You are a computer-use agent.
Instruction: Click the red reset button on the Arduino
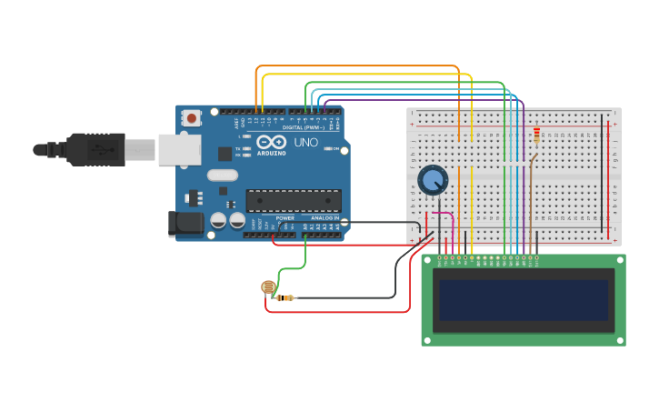point(192,117)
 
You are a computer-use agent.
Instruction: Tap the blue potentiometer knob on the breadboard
point(433,180)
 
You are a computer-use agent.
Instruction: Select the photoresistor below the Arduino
point(268,287)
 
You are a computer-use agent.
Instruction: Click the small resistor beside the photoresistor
point(287,297)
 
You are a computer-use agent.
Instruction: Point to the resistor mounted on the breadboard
point(536,136)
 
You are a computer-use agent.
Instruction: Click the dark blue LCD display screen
point(523,299)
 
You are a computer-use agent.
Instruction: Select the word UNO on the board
point(305,143)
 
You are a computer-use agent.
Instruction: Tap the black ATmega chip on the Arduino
point(294,200)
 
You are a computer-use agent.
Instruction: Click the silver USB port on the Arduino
point(179,150)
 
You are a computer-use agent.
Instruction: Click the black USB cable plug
point(95,149)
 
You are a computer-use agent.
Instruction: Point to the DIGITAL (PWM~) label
point(304,127)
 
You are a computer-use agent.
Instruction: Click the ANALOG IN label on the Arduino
point(324,218)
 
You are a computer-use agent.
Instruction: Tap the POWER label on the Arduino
point(285,218)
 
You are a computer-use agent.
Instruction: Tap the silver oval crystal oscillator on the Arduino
point(222,176)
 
